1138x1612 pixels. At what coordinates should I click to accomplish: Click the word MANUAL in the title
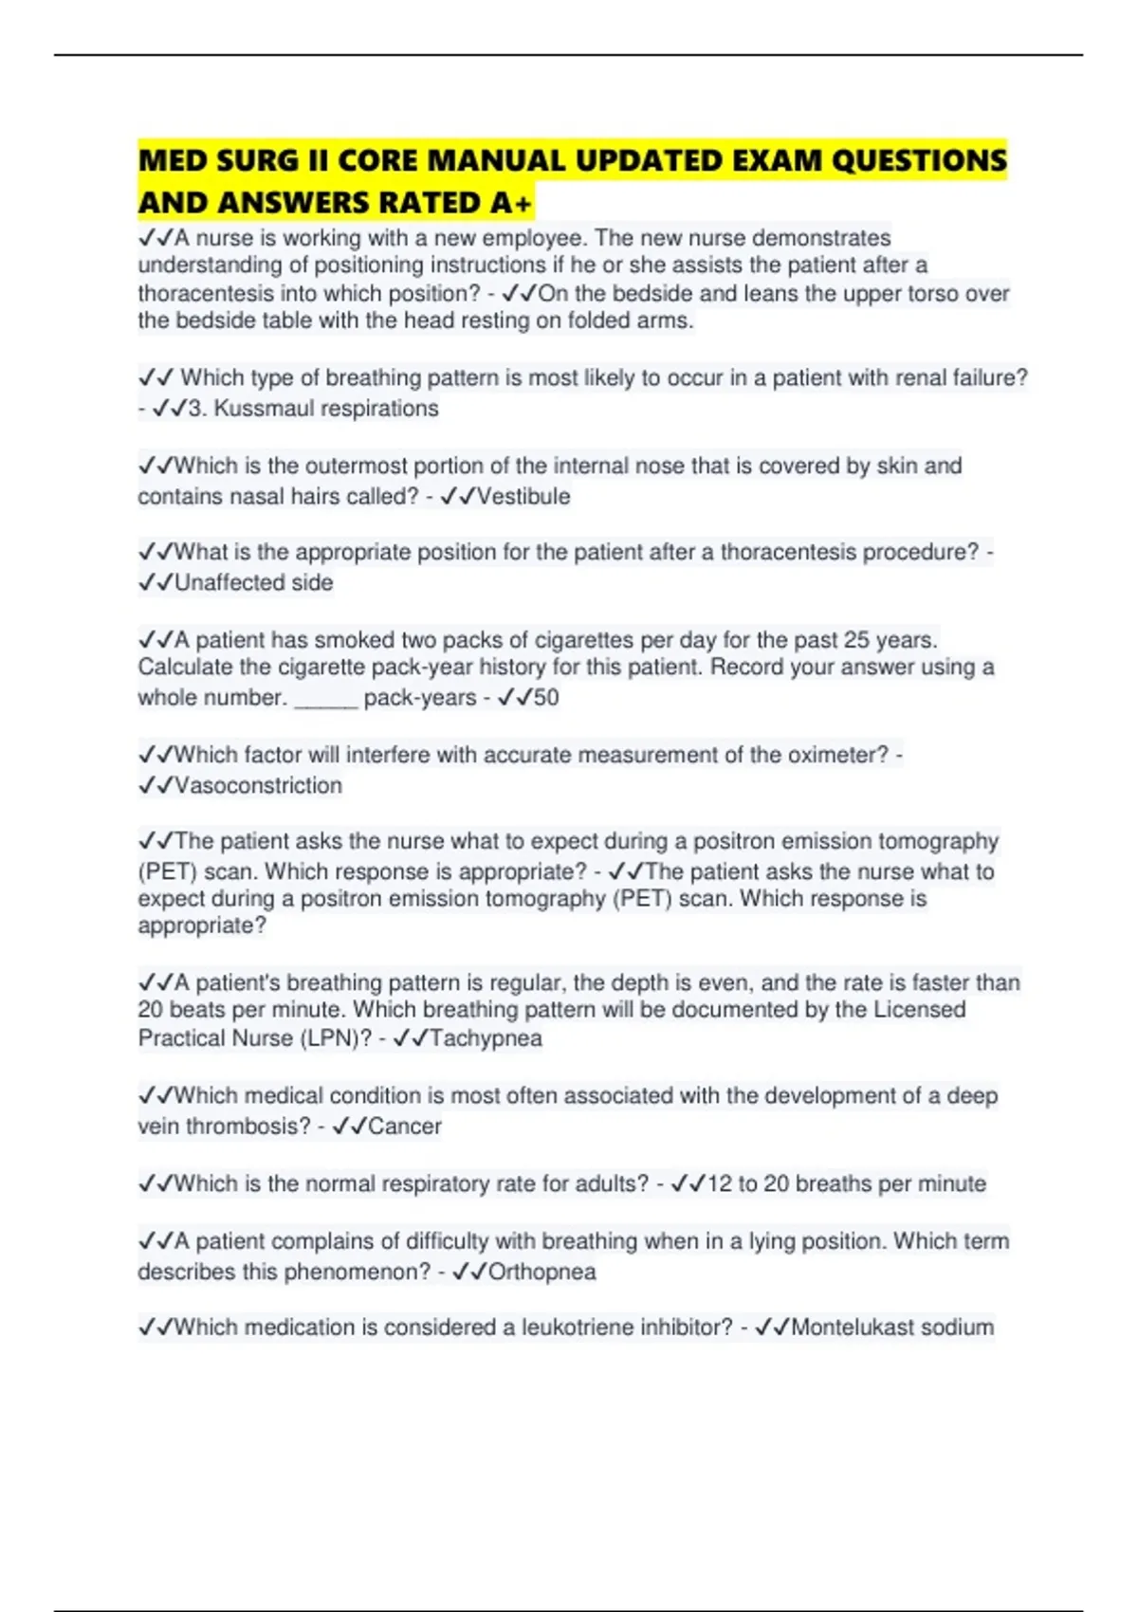(495, 160)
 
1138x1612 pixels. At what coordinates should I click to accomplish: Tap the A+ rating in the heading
(513, 203)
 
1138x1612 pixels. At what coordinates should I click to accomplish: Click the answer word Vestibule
(523, 497)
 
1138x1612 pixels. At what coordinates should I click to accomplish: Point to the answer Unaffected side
(253, 583)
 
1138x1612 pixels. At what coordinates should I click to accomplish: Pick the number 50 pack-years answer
(545, 698)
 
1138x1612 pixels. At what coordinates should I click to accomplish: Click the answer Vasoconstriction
(258, 786)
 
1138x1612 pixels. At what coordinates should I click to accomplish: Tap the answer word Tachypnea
(486, 1038)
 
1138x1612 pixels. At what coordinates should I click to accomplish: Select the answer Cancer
(405, 1127)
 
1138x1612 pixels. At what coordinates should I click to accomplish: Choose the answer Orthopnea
(541, 1272)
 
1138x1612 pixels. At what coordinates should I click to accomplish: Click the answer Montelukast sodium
(892, 1328)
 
